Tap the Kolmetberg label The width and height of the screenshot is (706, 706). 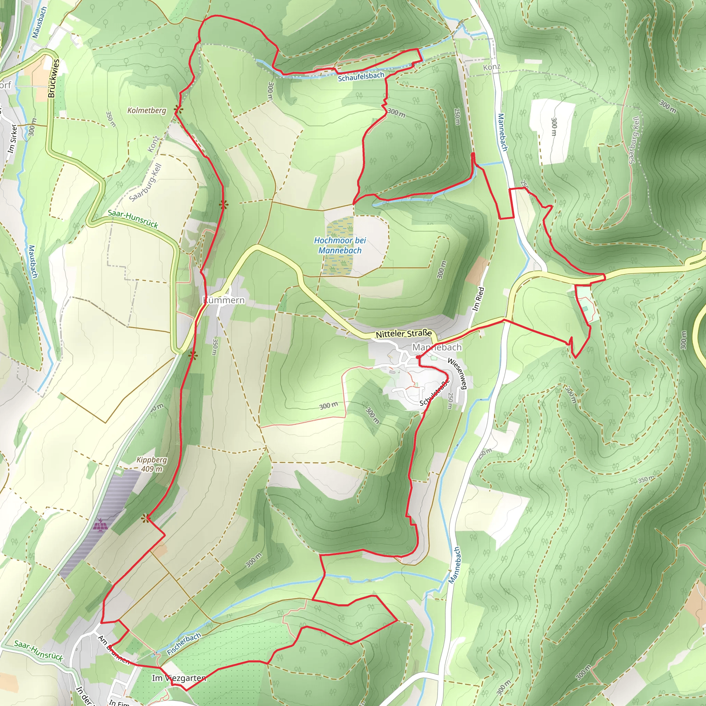point(147,110)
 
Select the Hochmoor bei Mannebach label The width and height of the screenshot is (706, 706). point(340,245)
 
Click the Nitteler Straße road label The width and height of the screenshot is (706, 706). point(403,334)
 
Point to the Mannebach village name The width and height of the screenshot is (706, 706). point(437,347)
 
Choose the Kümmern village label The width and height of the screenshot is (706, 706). point(224,300)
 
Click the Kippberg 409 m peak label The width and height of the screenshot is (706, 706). point(152,464)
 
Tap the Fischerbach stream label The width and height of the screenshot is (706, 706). point(184,644)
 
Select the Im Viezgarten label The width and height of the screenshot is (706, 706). point(179,678)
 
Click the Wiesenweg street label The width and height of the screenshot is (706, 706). point(457,374)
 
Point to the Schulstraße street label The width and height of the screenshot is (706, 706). point(434,393)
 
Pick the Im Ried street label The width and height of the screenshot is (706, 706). point(478,299)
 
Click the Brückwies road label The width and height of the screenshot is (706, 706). point(53,78)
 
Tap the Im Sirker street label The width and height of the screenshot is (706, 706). point(12,139)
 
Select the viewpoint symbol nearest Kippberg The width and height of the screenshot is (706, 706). point(146,518)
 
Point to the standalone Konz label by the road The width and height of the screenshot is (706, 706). point(492,67)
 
